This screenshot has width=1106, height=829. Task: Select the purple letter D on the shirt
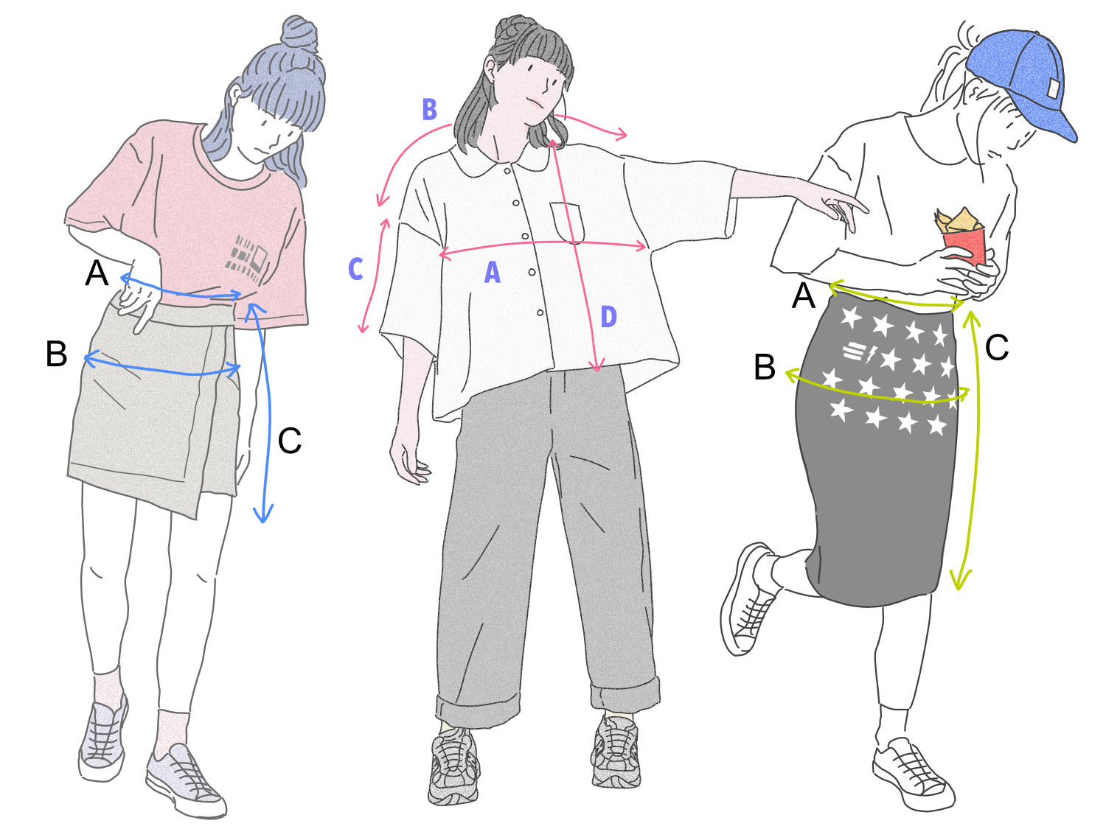click(609, 317)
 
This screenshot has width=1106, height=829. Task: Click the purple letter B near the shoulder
click(429, 109)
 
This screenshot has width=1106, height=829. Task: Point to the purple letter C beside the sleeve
click(355, 269)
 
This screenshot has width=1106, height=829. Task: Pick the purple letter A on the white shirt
click(493, 273)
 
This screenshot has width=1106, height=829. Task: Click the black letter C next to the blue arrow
click(290, 441)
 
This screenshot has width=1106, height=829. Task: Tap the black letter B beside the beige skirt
click(57, 354)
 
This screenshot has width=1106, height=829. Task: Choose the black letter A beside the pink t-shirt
click(97, 273)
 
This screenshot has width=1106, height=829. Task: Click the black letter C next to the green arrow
click(997, 347)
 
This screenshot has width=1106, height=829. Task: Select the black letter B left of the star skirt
click(765, 367)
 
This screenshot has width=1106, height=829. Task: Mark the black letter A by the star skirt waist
click(803, 295)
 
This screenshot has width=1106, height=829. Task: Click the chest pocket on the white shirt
click(567, 222)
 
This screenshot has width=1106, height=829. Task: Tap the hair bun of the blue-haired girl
click(299, 35)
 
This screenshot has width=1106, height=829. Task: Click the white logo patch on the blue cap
click(1054, 89)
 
